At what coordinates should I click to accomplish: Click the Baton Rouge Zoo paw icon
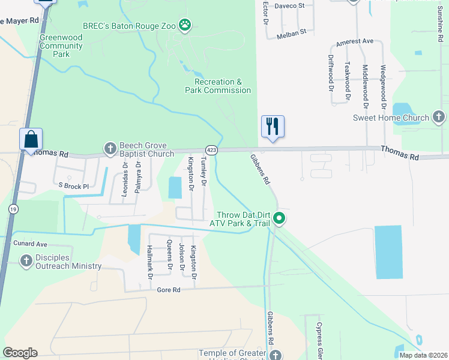187,26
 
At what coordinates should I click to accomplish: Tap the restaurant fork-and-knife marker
273,127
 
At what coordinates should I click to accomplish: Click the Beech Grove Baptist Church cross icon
110,148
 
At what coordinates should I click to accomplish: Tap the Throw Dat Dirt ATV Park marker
279,218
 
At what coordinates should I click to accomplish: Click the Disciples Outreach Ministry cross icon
26,261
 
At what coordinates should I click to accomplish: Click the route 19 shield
12,209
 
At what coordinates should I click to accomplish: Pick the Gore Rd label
169,290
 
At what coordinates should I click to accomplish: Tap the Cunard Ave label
30,244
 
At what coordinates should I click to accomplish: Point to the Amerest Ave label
355,41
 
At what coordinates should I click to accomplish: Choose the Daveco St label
290,5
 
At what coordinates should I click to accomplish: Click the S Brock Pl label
73,187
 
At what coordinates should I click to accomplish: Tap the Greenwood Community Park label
61,46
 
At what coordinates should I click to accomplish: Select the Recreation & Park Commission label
222,86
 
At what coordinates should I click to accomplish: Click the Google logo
20,353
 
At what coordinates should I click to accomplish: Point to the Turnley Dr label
204,171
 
